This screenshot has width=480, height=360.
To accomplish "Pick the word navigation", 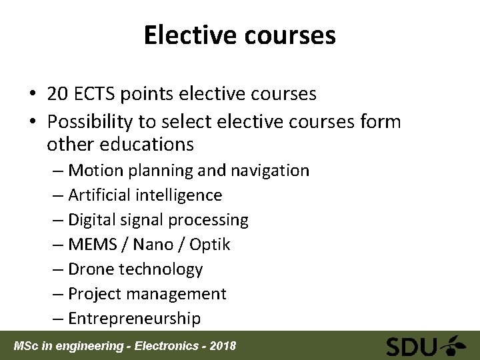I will (x=269, y=171).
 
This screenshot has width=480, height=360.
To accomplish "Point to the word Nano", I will (x=153, y=245).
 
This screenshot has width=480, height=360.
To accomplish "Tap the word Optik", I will (x=209, y=245).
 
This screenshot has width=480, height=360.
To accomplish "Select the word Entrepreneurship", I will (x=134, y=319).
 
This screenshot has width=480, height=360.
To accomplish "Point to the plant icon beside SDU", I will (x=457, y=345).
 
